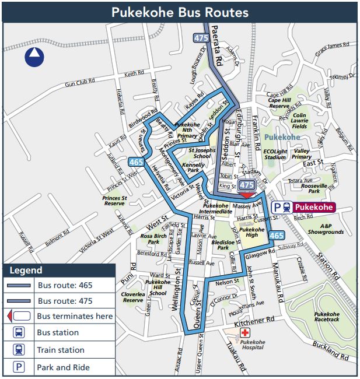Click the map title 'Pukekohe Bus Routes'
coord(180,12)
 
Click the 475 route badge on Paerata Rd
coord(200,38)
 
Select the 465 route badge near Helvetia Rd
coord(137,162)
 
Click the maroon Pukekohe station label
coord(313,207)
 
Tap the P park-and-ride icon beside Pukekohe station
coord(278,207)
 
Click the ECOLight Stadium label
coord(276,153)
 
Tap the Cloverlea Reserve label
coord(132,297)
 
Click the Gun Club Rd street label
coord(80,83)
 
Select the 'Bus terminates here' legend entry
coord(75,316)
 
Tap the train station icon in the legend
coord(19,350)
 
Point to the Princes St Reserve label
coord(114,201)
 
